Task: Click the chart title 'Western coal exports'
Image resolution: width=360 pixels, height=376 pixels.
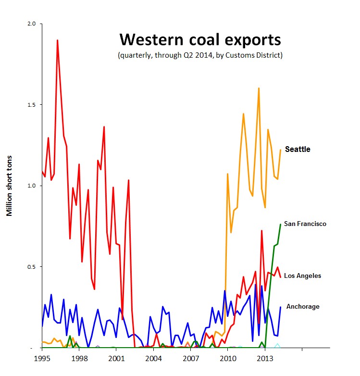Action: point(200,39)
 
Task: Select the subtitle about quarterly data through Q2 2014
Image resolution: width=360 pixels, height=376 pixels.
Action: point(200,55)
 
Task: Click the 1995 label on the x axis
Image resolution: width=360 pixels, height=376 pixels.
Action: point(42,359)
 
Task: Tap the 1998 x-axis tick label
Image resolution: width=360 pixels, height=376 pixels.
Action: point(79,359)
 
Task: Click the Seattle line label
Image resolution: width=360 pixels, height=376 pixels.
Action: point(298,150)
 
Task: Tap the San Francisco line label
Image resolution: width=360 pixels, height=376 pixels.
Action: point(305,224)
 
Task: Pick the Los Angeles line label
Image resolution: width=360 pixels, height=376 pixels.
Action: point(302,276)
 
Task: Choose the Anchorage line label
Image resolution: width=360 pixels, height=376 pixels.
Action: point(303,306)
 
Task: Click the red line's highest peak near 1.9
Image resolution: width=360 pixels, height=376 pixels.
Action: point(58,40)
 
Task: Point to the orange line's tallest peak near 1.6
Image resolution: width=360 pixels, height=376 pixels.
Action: point(259,88)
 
